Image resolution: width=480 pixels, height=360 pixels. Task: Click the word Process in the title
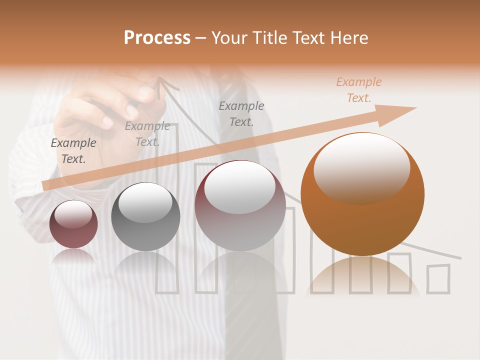[157, 38]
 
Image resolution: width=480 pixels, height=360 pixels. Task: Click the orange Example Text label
[358, 90]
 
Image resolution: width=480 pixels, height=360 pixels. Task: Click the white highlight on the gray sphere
[145, 202]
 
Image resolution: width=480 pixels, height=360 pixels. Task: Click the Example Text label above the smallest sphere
[73, 150]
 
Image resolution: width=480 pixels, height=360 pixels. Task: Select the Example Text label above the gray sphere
[147, 134]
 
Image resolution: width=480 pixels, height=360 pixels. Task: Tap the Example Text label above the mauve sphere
[241, 113]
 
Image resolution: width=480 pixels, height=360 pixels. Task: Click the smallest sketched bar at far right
[438, 278]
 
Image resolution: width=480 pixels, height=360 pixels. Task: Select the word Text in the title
[308, 38]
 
